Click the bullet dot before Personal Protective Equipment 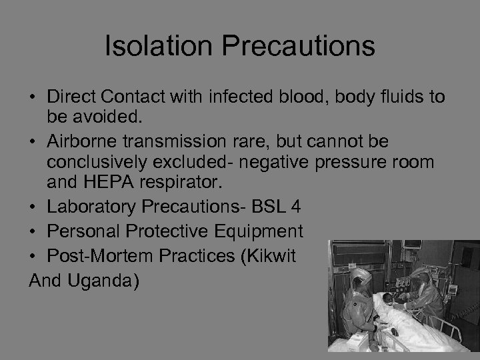pyautogui.click(x=33, y=232)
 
